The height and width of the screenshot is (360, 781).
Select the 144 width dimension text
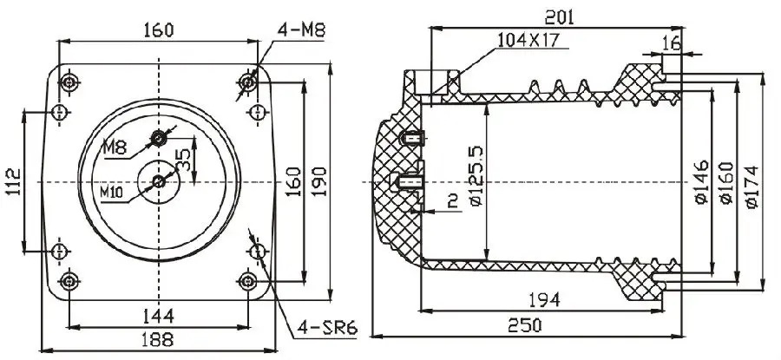click(158, 313)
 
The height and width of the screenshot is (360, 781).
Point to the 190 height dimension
click(320, 181)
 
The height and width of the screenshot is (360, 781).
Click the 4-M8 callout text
click(301, 30)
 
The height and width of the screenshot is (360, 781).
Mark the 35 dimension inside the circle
click(183, 158)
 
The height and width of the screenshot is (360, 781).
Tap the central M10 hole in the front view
click(159, 181)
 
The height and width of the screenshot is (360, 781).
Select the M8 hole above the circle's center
click(159, 137)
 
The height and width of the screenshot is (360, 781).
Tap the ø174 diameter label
click(751, 182)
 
